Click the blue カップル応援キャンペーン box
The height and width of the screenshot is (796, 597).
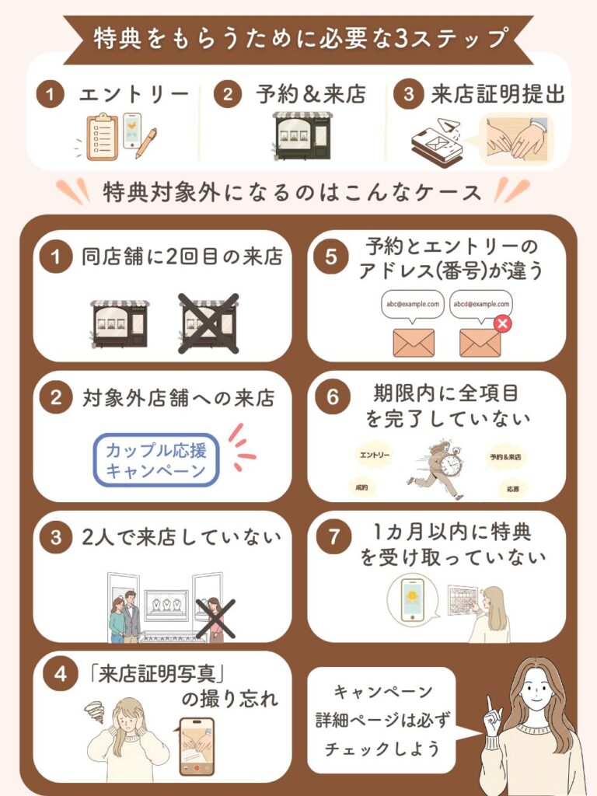(156, 460)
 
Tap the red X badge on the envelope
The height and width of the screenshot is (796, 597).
(502, 323)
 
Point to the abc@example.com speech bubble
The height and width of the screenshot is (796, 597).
(412, 304)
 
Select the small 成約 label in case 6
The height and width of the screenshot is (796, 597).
(360, 487)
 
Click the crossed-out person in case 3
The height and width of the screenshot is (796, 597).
(215, 619)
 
